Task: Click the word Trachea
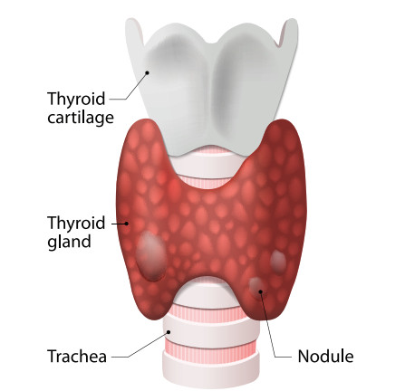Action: [x=77, y=356]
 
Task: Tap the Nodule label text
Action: [x=325, y=356]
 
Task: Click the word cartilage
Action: [x=81, y=118]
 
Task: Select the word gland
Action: [x=69, y=242]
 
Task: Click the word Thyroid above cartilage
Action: [x=76, y=99]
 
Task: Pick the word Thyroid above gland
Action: [x=76, y=223]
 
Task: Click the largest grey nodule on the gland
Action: [x=151, y=255]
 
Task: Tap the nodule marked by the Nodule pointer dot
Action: [x=256, y=286]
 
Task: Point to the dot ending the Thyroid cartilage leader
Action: [x=148, y=72]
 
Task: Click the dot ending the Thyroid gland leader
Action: [x=127, y=224]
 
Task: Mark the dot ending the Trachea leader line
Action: [x=169, y=332]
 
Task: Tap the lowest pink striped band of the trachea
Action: [x=211, y=348]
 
